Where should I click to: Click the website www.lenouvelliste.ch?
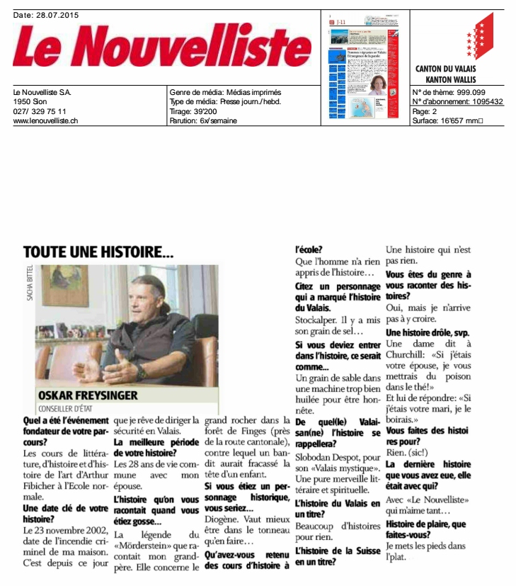coord(45,120)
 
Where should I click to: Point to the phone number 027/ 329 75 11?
coord(40,111)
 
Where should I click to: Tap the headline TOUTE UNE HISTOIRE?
coord(98,252)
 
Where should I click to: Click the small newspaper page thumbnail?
coord(367,67)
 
